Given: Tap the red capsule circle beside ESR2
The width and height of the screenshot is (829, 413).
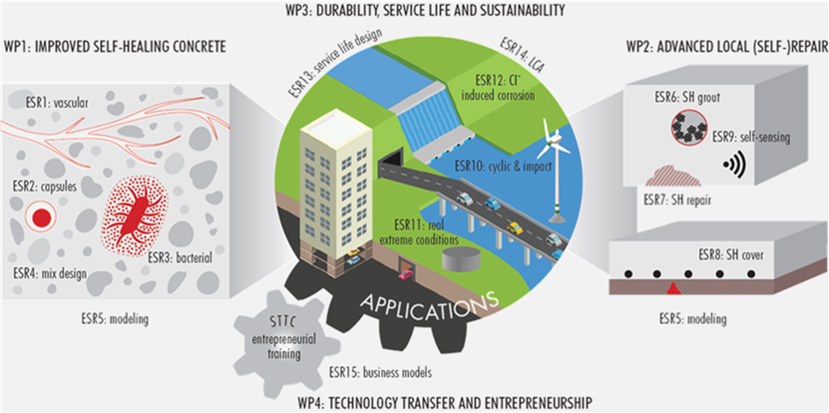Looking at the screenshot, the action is [x=41, y=216].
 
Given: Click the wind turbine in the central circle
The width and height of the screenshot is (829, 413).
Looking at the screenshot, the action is [x=553, y=170].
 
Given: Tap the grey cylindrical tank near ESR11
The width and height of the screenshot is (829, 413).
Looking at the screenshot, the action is [x=461, y=258].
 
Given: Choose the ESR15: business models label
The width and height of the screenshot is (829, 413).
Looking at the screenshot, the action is [x=380, y=373].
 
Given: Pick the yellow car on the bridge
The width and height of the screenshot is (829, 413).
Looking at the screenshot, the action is [x=515, y=228].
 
